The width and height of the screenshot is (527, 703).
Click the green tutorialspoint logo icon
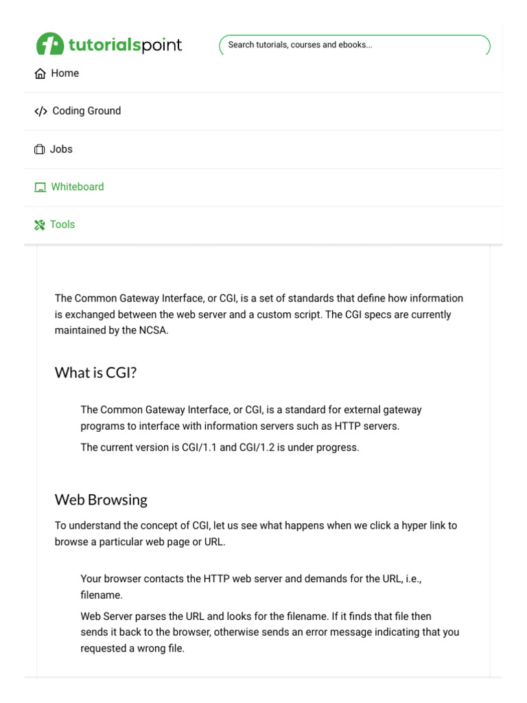click(x=49, y=44)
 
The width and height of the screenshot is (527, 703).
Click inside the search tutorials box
click(x=354, y=45)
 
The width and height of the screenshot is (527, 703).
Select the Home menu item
click(x=65, y=73)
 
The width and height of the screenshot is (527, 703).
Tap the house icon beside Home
click(x=40, y=74)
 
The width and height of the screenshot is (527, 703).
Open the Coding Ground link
click(x=86, y=111)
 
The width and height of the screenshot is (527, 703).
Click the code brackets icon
click(x=40, y=111)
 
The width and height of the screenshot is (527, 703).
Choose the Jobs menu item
click(x=61, y=149)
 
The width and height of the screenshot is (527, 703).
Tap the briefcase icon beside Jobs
click(x=40, y=150)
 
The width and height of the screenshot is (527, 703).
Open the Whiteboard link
click(x=78, y=187)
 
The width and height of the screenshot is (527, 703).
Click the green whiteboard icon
click(x=40, y=187)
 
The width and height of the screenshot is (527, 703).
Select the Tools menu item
click(x=62, y=224)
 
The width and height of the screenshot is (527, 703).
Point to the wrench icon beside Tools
click(x=40, y=225)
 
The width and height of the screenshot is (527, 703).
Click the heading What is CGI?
click(x=96, y=373)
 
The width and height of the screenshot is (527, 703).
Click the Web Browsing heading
click(x=101, y=500)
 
